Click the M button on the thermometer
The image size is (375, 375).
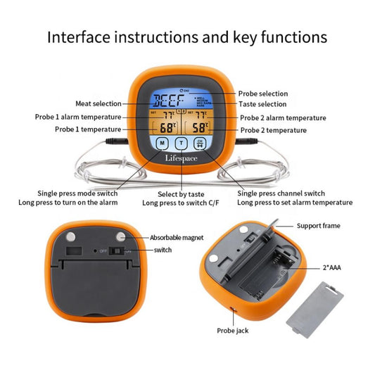163,144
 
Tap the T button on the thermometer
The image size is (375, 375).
182,144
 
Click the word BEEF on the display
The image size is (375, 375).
167,100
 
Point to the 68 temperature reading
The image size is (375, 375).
167,128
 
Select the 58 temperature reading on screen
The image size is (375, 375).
201,128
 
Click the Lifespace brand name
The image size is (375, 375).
182,159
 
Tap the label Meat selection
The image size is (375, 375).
98,104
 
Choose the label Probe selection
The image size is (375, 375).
263,94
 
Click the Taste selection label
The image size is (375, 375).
262,104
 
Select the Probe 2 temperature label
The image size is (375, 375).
273,130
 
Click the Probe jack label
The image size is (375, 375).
232,330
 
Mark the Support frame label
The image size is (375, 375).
317,226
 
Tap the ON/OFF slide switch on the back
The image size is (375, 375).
125,250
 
